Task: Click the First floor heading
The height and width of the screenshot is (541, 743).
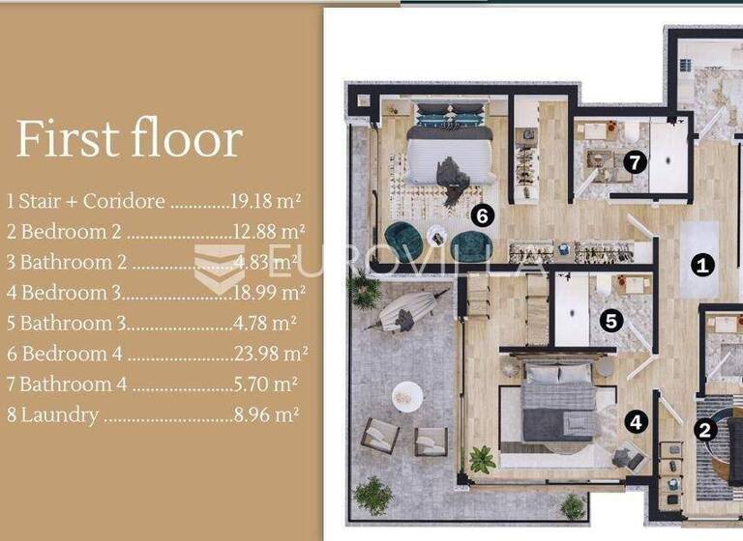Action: coord(129,139)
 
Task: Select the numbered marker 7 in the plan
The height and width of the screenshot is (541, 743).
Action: coord(634,162)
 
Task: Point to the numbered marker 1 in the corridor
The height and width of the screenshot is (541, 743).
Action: coord(703,264)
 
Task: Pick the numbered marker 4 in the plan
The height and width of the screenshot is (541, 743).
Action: coord(635,421)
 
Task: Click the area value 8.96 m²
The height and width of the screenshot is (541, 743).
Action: coord(263,415)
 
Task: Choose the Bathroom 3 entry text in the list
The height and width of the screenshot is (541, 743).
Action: coord(73,324)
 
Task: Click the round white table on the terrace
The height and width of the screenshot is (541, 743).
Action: coord(407,394)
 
